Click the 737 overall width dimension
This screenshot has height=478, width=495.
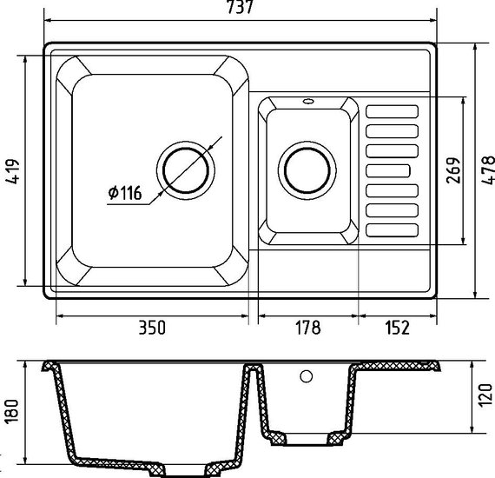[241, 7]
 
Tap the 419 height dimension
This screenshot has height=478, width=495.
[13, 171]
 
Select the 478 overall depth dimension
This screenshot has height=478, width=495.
[488, 170]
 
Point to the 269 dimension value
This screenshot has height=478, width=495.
[453, 170]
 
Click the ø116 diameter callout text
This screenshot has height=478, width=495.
[125, 193]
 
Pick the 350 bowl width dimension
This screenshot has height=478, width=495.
[152, 328]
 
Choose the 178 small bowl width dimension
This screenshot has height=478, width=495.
[307, 328]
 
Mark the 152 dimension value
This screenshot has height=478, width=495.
[398, 328]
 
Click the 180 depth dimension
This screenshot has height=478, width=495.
[12, 411]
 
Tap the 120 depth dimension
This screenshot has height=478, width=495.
[485, 395]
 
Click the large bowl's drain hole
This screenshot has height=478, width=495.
[186, 170]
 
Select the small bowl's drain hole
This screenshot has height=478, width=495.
[307, 170]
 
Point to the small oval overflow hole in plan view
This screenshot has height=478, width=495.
[307, 102]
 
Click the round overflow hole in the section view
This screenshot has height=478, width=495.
[307, 376]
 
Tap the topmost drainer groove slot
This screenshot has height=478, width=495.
[392, 111]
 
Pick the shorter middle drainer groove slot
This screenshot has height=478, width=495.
[388, 171]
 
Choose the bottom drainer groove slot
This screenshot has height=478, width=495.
[392, 230]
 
